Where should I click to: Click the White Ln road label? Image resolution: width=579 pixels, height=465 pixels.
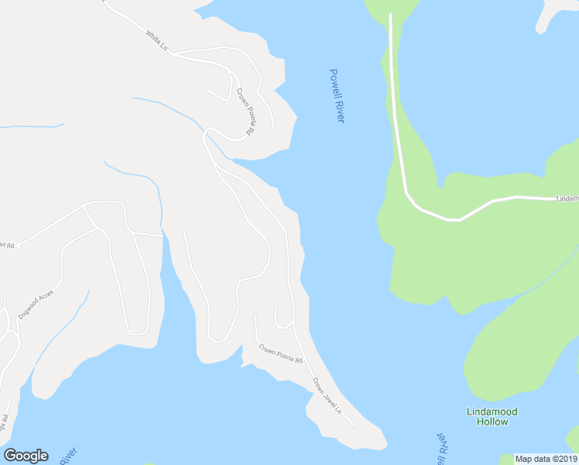pyautogui.click(x=156, y=40)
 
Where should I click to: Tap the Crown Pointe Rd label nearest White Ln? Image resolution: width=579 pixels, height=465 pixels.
pyautogui.click(x=245, y=112)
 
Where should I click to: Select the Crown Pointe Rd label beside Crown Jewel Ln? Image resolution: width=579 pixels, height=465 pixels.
pyautogui.click(x=280, y=354)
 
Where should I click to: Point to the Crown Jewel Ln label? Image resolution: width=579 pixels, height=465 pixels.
pyautogui.click(x=327, y=395)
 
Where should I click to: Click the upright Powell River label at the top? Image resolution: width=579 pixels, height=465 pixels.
pyautogui.click(x=337, y=95)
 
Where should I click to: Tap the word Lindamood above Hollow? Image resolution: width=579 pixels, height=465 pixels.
pyautogui.click(x=492, y=412)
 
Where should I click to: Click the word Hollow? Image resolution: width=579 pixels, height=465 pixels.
pyautogui.click(x=492, y=422)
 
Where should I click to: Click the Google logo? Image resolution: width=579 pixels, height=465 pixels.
pyautogui.click(x=26, y=455)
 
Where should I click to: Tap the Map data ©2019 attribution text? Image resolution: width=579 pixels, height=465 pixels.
pyautogui.click(x=545, y=459)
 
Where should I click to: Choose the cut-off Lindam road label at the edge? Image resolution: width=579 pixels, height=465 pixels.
pyautogui.click(x=567, y=199)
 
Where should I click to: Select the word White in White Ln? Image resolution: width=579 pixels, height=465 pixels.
pyautogui.click(x=152, y=36)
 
